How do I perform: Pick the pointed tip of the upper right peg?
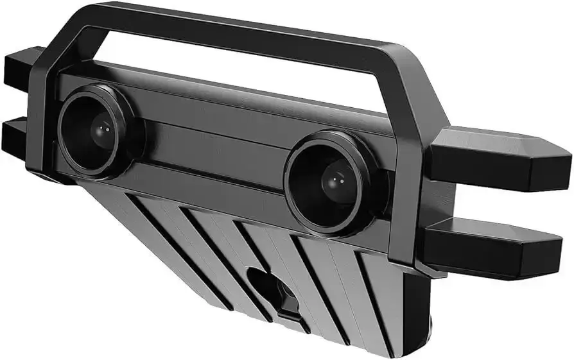click(568, 157)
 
